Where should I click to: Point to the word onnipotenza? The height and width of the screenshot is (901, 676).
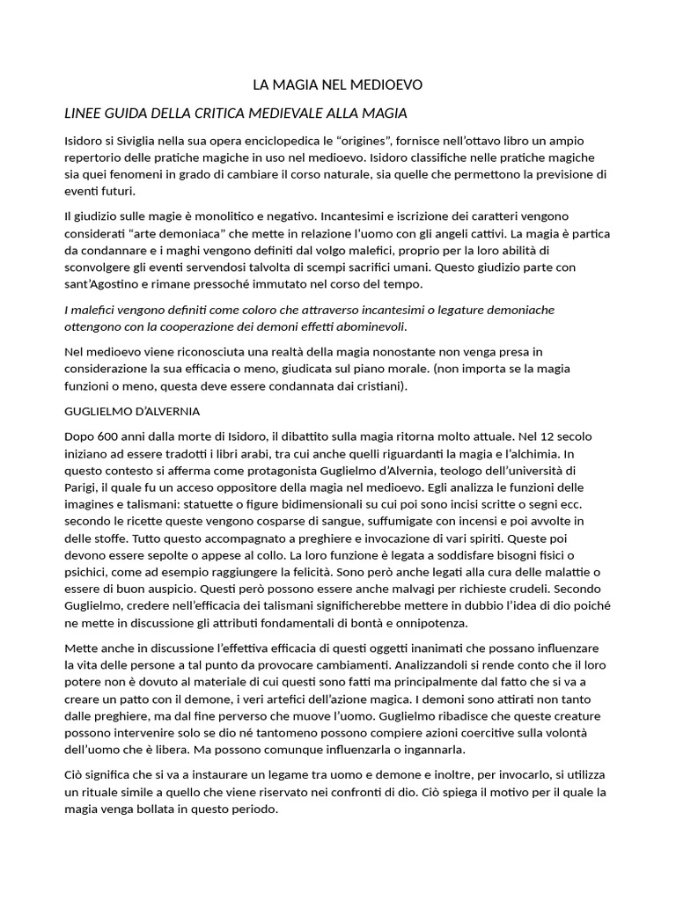428,623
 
